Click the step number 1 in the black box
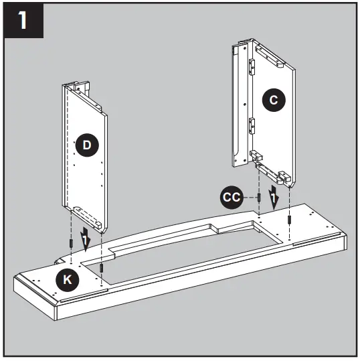click(x=23, y=23)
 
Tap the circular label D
click(x=85, y=143)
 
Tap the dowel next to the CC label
click(x=258, y=198)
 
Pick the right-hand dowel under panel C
click(x=289, y=220)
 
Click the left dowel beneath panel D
click(x=70, y=242)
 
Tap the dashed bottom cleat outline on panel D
click(x=87, y=216)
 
